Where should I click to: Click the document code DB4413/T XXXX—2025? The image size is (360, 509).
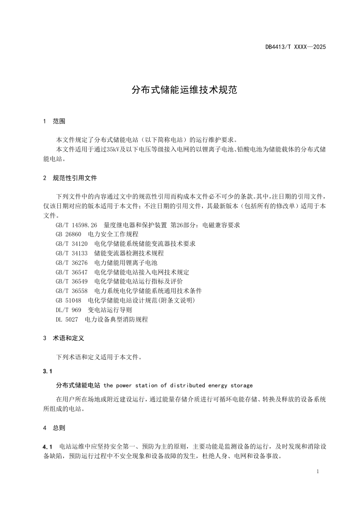pyautogui.click(x=296, y=47)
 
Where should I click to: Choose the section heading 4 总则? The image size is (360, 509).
pyautogui.click(x=54, y=427)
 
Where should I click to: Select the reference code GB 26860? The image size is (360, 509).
pyautogui.click(x=69, y=234)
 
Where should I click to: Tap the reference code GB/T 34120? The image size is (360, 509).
pyautogui.click(x=72, y=244)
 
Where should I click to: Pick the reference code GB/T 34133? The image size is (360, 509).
pyautogui.click(x=72, y=253)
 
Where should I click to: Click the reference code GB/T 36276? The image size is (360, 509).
pyautogui.click(x=72, y=263)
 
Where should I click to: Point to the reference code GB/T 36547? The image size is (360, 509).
pyautogui.click(x=72, y=272)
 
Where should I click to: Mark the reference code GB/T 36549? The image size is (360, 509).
pyautogui.click(x=72, y=281)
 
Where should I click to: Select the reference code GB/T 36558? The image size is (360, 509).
pyautogui.click(x=72, y=291)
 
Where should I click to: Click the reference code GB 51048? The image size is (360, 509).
pyautogui.click(x=69, y=300)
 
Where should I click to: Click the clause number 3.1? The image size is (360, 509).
pyautogui.click(x=48, y=371)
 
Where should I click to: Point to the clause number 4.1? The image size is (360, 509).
pyautogui.click(x=48, y=447)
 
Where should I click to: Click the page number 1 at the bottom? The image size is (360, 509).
pyautogui.click(x=318, y=472)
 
